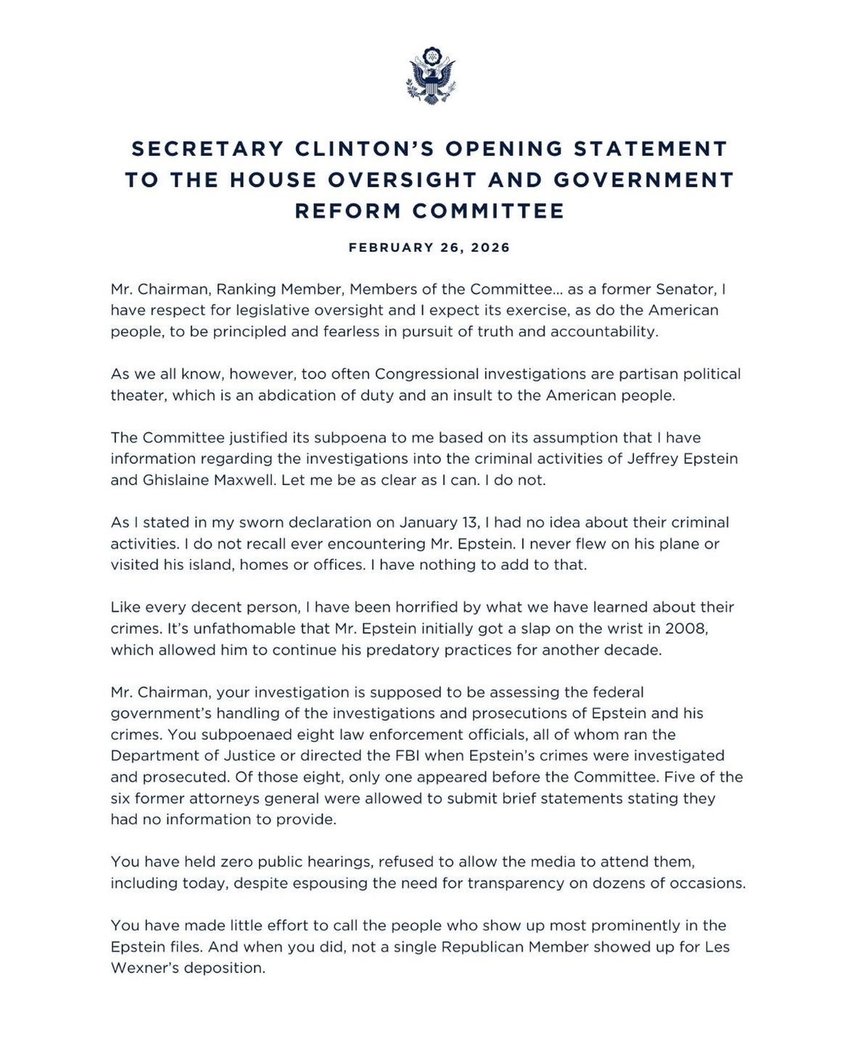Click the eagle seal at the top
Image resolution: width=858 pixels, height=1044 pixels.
pyautogui.click(x=429, y=78)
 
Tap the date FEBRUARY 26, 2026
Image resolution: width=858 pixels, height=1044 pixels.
pyautogui.click(x=429, y=248)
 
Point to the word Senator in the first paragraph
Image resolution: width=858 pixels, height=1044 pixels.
pyautogui.click(x=689, y=289)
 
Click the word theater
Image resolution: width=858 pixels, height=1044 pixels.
pyautogui.click(x=141, y=396)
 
